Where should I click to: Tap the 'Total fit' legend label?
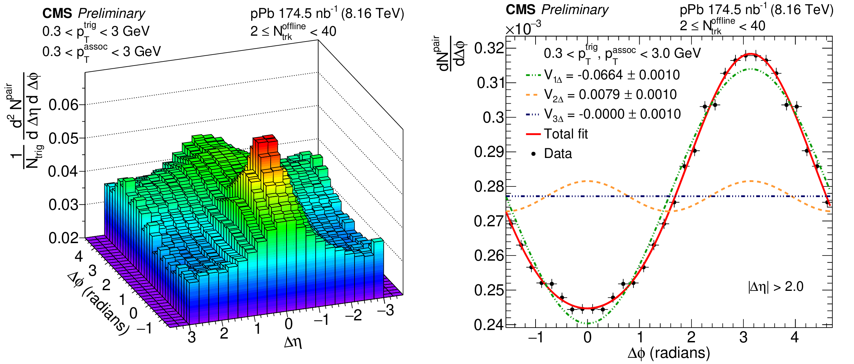coord(566,134)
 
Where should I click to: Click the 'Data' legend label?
coord(558,153)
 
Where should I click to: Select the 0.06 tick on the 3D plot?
coord(64,105)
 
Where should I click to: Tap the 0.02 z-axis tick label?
coord(64,238)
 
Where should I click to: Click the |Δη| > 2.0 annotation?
coord(776,286)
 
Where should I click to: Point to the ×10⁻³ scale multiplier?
coord(523,28)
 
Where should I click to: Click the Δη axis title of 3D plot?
coord(293,342)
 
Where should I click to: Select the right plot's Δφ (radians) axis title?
coord(669,353)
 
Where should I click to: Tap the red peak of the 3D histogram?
coord(265,144)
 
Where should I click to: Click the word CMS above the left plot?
coord(57,13)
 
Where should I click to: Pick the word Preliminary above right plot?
coord(575,10)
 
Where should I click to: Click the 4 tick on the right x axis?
coord(794,338)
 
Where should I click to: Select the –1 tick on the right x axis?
coord(536,338)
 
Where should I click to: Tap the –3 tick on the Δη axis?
coord(385,310)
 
